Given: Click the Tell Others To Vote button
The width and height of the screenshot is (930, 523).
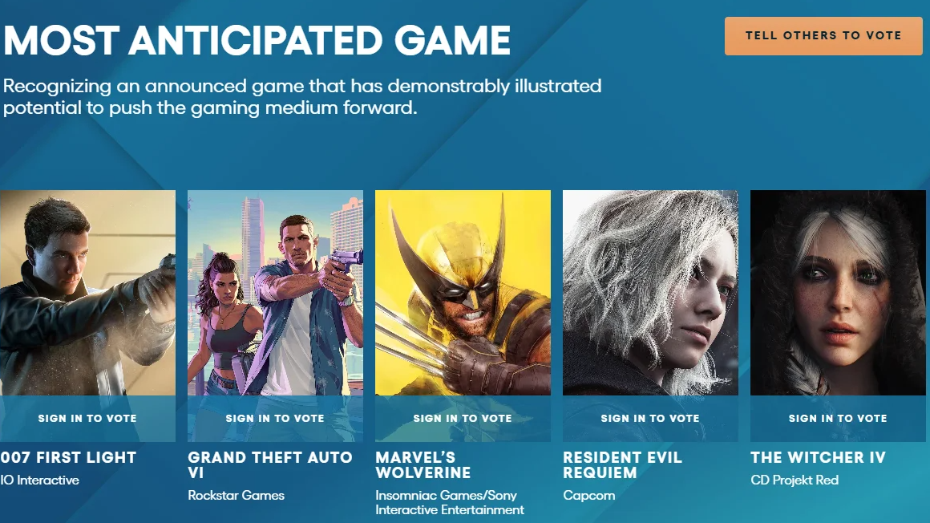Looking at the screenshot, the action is coord(823,35).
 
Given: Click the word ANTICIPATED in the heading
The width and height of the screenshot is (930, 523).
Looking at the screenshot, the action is coord(257,40).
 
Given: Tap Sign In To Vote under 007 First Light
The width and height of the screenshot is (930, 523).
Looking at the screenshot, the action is coord(87,419).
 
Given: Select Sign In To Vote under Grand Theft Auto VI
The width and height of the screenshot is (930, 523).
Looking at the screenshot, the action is coord(275,419).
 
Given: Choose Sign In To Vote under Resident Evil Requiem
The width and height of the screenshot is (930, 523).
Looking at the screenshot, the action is coord(650,419).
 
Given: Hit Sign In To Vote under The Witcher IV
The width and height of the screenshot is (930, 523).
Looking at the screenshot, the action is coord(838,419).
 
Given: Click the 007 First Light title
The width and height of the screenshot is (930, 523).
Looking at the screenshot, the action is coord(68,458).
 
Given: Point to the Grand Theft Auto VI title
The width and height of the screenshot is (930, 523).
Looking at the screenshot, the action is coord(270,464).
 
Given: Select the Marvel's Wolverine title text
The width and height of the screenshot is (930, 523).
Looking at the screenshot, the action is coord(423,464).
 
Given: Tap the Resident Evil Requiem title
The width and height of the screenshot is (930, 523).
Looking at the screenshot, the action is coord(622,464).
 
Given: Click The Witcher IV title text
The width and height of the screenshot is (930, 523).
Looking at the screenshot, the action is coord(818,458).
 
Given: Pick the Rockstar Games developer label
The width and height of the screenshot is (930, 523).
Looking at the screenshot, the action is coord(236,495).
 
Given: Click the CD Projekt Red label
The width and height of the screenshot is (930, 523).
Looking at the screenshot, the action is coord(795,480).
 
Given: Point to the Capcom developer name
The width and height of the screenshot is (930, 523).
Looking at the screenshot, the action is coord(589,496).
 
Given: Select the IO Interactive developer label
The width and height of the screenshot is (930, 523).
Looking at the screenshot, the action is coord(40,480).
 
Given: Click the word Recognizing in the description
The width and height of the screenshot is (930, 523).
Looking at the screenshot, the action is coord(57,87).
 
